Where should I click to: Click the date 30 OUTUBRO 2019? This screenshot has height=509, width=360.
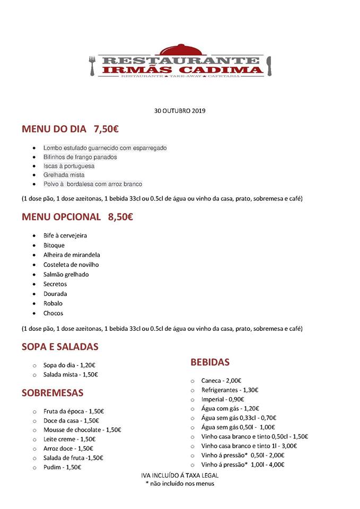pos(179,111)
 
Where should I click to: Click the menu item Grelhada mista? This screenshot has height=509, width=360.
pos(64,175)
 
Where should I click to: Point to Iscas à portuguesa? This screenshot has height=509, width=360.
pos(68,166)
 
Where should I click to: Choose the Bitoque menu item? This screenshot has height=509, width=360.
pos(54,245)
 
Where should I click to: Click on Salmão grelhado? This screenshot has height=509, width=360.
pos(66,275)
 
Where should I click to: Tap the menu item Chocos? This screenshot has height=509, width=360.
pos(53,313)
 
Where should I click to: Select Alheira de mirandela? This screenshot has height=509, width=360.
pos(72,255)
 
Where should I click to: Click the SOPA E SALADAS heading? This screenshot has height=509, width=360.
pos(60,347)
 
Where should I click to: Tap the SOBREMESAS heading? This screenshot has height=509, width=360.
pos(52,393)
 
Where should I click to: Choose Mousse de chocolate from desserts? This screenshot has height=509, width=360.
pos(82,430)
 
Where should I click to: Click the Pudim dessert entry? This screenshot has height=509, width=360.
pos(63,468)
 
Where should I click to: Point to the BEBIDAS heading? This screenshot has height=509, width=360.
pos(210,363)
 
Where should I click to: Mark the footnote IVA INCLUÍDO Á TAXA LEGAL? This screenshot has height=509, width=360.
pos(180,476)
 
